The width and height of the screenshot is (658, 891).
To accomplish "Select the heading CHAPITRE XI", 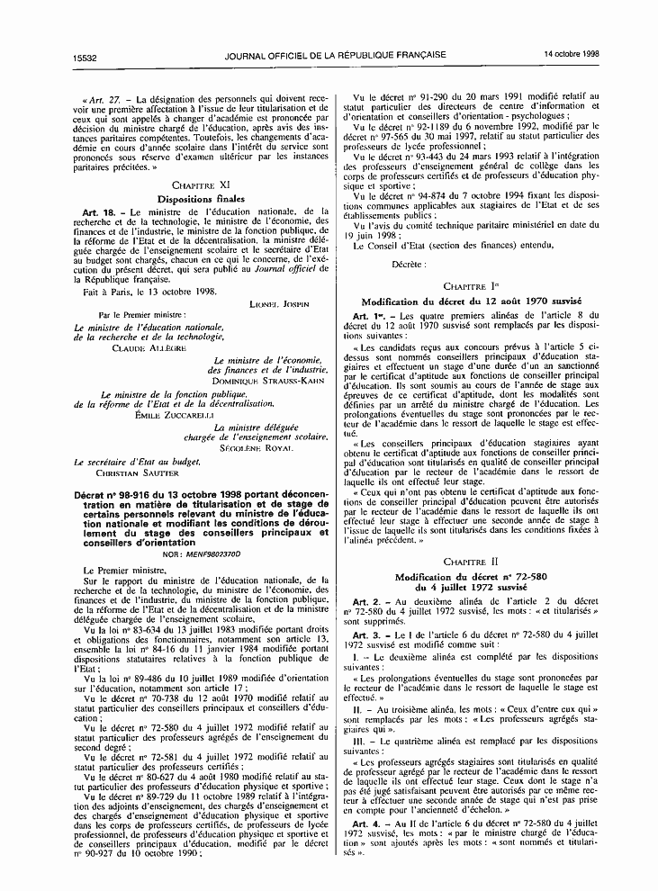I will tap(201, 183).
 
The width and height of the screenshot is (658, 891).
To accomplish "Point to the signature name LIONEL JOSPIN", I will tap(279, 304).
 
